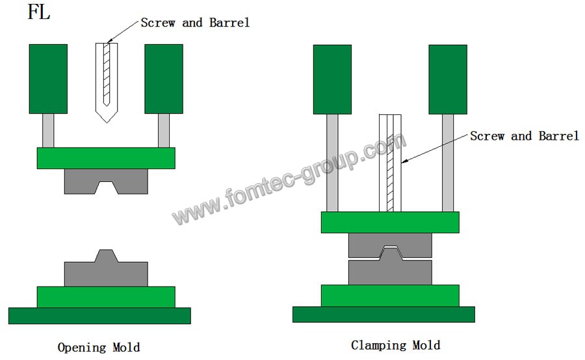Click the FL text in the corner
tap(39, 12)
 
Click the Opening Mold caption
tap(99, 347)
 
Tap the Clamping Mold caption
tap(395, 345)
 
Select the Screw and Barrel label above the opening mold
tap(195, 23)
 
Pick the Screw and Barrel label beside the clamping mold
tap(524, 136)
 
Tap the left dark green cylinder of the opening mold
tap(48, 79)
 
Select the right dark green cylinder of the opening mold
tap(163, 79)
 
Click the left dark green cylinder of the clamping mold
tap(332, 79)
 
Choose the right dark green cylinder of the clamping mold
tap(448, 79)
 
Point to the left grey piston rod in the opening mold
tap(48, 130)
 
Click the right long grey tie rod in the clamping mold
tap(448, 162)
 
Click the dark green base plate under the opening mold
tap(99, 316)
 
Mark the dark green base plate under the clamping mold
tap(383, 315)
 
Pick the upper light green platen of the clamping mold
tap(390, 222)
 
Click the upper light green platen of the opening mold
tap(106, 158)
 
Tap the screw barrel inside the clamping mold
tap(390, 162)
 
